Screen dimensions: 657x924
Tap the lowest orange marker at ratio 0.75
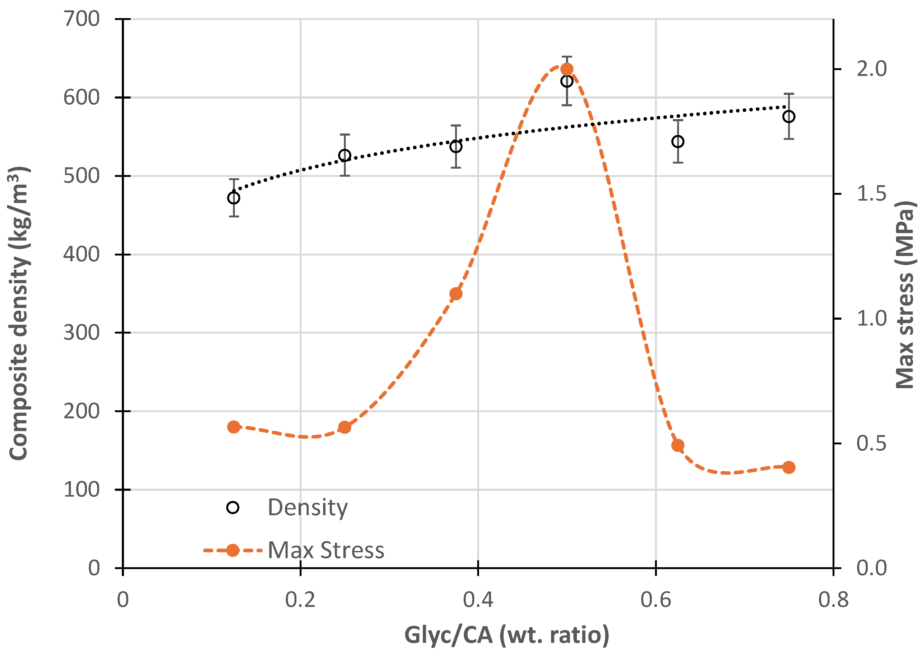pyautogui.click(x=788, y=467)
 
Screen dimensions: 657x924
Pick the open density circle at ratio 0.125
pyautogui.click(x=234, y=198)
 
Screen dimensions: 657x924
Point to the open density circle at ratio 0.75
pyautogui.click(x=788, y=116)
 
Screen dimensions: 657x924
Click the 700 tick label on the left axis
pyautogui.click(x=81, y=19)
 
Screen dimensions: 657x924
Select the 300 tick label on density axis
pyautogui.click(x=81, y=332)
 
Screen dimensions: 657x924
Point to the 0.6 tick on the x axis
pyautogui.click(x=656, y=599)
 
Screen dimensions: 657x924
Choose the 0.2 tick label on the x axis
pyautogui.click(x=300, y=599)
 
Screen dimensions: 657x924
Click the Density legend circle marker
pyautogui.click(x=233, y=507)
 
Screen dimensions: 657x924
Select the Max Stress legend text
pyautogui.click(x=326, y=550)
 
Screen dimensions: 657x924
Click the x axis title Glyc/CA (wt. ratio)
pyautogui.click(x=507, y=635)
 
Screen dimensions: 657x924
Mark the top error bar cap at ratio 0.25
pyautogui.click(x=344, y=134)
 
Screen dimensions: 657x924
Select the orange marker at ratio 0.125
pyautogui.click(x=234, y=427)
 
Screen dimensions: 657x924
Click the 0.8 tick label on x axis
pyautogui.click(x=833, y=599)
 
